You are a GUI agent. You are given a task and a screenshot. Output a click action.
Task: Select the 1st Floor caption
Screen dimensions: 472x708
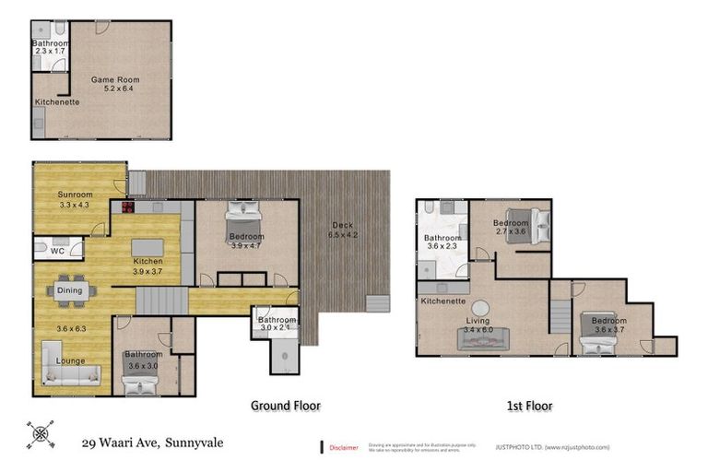click(x=528, y=405)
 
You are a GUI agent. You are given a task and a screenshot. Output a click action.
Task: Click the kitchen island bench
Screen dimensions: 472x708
click(x=148, y=248)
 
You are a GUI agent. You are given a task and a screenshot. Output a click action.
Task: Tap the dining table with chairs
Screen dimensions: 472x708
click(x=70, y=290)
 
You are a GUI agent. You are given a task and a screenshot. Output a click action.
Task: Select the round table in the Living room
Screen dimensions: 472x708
click(x=481, y=309)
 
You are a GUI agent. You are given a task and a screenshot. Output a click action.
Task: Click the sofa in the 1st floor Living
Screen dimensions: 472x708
click(x=483, y=342)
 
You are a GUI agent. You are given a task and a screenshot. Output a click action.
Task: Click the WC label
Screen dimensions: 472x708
click(x=56, y=251)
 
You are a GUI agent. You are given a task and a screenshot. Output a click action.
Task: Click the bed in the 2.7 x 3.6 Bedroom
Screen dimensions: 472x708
click(x=528, y=221)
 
